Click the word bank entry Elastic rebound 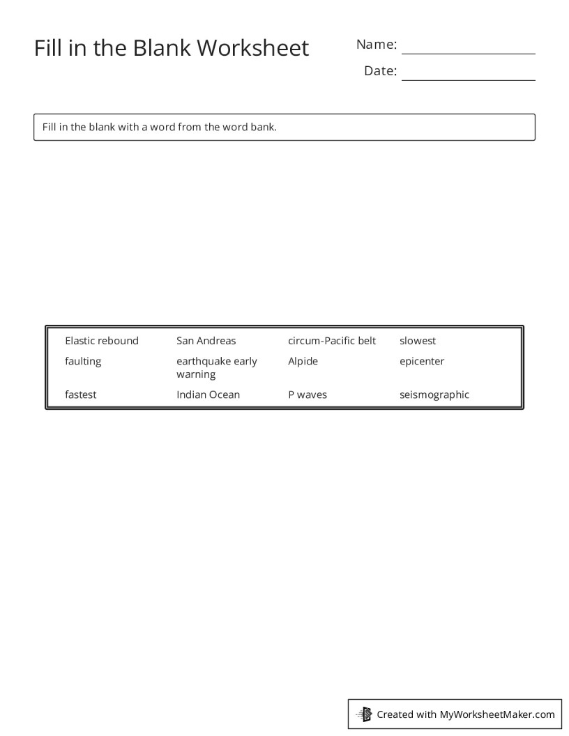[102, 341]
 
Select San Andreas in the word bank [206, 341]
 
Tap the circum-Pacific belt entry [332, 341]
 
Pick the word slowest [418, 341]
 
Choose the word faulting [83, 361]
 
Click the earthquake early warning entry [216, 367]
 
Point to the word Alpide [303, 361]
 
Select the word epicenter [422, 361]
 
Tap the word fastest [81, 394]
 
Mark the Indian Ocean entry [208, 394]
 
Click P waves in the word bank [308, 394]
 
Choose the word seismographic [434, 394]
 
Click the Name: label [377, 45]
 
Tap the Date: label [380, 71]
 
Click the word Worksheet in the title [252, 48]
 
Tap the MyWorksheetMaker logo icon [364, 714]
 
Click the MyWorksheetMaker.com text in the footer [497, 714]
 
